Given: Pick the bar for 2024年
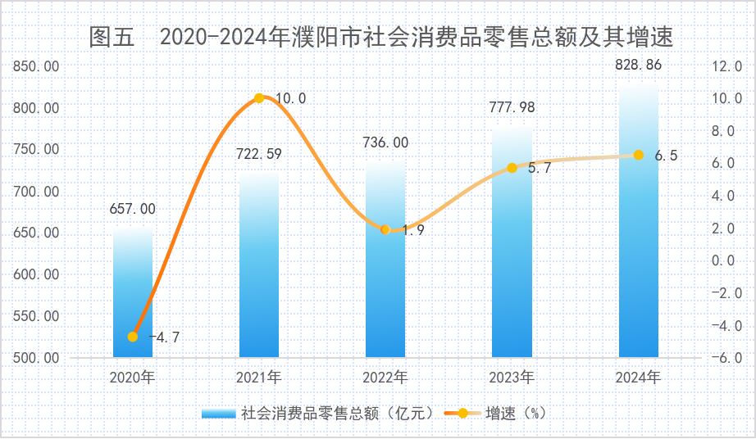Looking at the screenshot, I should coord(638,246).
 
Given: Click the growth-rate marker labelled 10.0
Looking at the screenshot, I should coord(259,98).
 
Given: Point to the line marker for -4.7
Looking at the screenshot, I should coord(133,337).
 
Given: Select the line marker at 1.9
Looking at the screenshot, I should coord(385,229).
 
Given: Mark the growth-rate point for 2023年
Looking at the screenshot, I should coord(512,168).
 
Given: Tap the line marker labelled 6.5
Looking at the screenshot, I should coord(638,155).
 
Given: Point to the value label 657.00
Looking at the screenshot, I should coord(133,209).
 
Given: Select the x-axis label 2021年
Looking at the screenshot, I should coord(259,378).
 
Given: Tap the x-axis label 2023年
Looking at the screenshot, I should coord(512,378).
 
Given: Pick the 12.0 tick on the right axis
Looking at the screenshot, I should coord(726,66).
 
